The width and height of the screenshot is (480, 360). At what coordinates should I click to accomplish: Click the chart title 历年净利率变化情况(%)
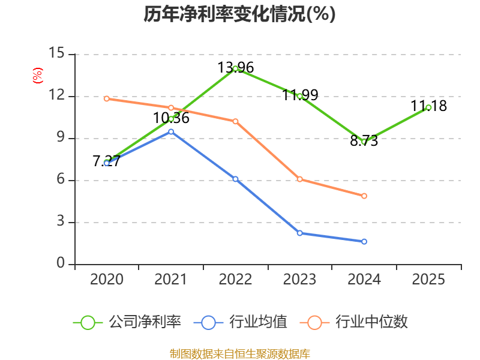[239, 14]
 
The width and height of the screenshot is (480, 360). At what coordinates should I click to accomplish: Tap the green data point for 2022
[235, 68]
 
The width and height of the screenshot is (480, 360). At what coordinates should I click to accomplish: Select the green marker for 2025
[428, 107]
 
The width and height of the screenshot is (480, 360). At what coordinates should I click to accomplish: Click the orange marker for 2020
[107, 98]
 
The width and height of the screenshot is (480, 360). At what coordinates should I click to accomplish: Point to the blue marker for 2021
[171, 131]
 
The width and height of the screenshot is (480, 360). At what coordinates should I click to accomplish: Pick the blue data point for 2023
[299, 233]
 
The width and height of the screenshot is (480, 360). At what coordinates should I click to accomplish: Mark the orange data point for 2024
[364, 196]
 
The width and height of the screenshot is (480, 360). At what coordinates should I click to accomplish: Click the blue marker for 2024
[364, 242]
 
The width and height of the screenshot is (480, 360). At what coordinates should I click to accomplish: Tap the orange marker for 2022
[235, 121]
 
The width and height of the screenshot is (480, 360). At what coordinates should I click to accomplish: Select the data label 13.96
[235, 68]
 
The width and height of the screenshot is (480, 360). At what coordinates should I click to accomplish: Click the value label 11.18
[428, 106]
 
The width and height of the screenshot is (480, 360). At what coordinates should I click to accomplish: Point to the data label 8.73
[364, 141]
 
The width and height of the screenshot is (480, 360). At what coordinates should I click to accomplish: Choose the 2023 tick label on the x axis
[299, 279]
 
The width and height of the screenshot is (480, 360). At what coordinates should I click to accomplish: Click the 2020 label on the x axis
[107, 279]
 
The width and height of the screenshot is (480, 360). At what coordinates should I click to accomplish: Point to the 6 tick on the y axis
[61, 179]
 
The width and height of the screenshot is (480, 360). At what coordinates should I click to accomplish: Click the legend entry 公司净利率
[127, 322]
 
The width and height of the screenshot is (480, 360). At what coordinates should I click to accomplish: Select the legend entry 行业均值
[241, 322]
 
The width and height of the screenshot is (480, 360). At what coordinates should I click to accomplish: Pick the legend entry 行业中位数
[354, 322]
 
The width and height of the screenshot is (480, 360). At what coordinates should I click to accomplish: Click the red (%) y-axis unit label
[38, 76]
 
